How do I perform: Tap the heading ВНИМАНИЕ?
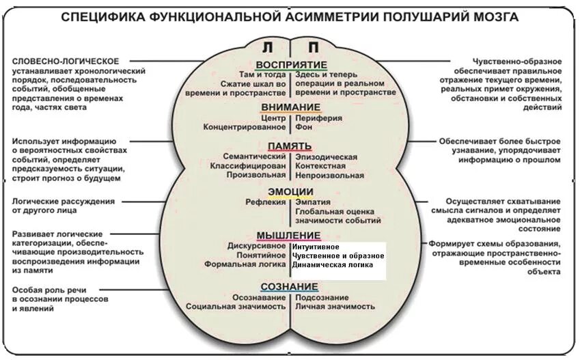pyautogui.click(x=290, y=107)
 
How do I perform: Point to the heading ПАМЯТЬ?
pyautogui.click(x=290, y=146)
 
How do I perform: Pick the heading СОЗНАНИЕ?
pyautogui.click(x=290, y=286)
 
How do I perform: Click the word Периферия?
pyautogui.click(x=320, y=117)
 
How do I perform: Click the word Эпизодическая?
pyautogui.click(x=326, y=157)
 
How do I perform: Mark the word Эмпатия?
pyautogui.click(x=313, y=202)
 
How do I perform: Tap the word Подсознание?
pyautogui.click(x=322, y=297)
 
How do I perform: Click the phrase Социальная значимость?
pyautogui.click(x=236, y=307)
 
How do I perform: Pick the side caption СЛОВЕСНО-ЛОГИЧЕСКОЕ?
pyautogui.click(x=66, y=61)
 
